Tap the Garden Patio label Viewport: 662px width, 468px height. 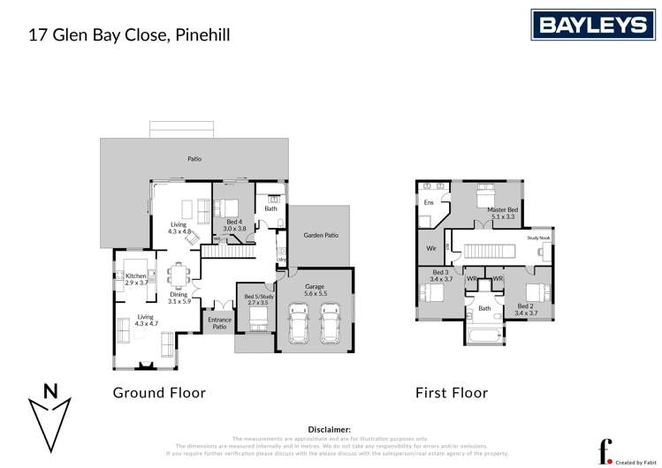coord(321,236)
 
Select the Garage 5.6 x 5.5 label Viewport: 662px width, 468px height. coord(316,290)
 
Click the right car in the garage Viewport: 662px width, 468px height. coord(331,324)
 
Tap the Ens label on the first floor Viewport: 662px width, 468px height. coord(429,203)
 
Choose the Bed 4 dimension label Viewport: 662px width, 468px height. coord(234,225)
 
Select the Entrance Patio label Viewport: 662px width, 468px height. coord(219,324)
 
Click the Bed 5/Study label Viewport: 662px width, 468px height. coord(256,298)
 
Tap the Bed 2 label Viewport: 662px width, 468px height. coord(526,310)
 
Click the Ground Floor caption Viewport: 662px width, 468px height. coord(159,393)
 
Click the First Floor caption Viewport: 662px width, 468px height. coord(452,393)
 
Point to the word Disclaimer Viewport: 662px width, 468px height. coord(329,428)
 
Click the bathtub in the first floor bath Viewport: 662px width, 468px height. coord(485,336)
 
